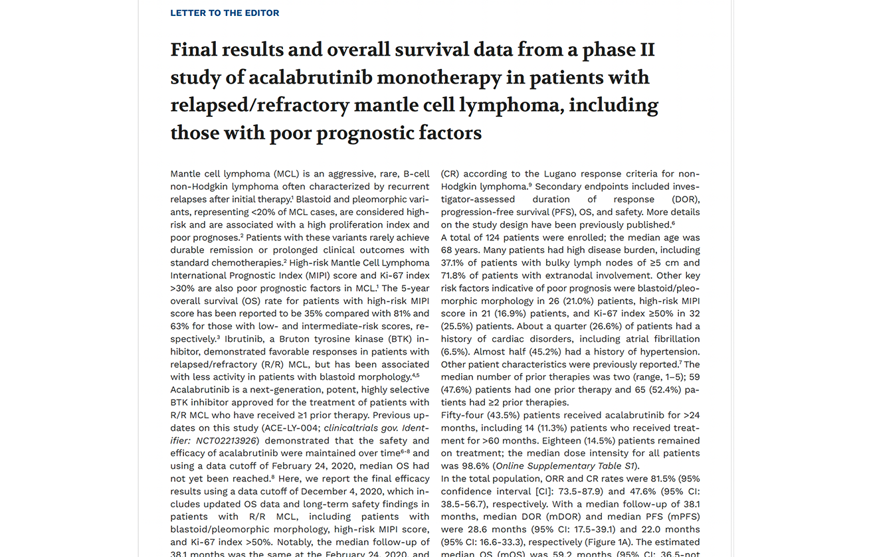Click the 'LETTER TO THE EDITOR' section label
tap(225, 13)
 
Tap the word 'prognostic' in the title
tap(369, 133)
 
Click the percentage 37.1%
tap(455, 263)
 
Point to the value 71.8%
tap(455, 276)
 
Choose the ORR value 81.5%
tap(616, 479)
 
